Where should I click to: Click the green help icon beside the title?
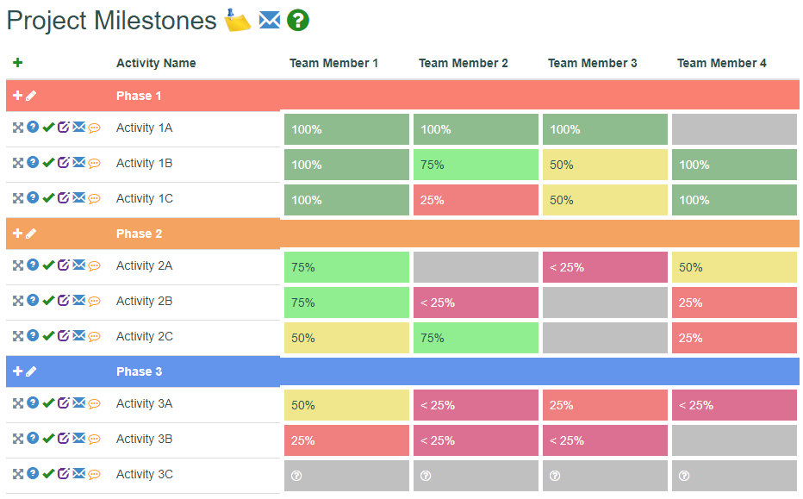[297, 21]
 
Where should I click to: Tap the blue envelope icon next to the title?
[270, 21]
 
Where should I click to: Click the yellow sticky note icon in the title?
[238, 20]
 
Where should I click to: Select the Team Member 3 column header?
[592, 63]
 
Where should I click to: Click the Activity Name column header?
[156, 63]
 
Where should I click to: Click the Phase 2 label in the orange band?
[139, 234]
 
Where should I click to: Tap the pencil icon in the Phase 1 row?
[31, 96]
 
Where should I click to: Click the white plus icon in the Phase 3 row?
[17, 371]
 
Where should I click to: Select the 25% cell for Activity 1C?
[476, 200]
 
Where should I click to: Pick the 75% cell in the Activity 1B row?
[476, 165]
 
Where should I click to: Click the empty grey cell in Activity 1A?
[734, 129]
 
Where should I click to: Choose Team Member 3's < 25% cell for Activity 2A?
[605, 267]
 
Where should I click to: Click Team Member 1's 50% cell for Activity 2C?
[346, 338]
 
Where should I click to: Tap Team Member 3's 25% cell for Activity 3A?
[605, 405]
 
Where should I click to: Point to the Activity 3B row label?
[144, 439]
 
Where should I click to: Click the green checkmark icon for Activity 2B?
[48, 301]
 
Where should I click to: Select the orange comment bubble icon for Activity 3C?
[94, 475]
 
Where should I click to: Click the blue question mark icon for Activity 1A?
[33, 127]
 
